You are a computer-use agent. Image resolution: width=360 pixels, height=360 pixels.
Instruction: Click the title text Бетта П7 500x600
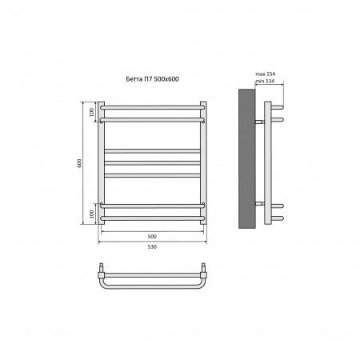(152, 79)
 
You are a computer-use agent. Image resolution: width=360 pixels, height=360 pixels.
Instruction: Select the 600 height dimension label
(79, 163)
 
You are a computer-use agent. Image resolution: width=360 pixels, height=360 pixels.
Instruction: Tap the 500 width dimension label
(152, 236)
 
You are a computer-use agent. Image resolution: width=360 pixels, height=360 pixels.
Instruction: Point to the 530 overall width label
(152, 246)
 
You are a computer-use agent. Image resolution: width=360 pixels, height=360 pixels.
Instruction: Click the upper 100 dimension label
(92, 113)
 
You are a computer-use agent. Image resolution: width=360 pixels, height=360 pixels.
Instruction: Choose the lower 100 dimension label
(92, 214)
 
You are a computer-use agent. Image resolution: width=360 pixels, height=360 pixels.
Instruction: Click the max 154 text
(266, 74)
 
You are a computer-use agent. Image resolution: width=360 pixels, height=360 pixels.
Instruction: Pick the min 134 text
(265, 82)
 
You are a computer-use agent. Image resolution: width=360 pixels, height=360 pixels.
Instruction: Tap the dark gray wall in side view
(247, 158)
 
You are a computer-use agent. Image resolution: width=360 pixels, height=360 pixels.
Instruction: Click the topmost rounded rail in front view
(153, 107)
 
